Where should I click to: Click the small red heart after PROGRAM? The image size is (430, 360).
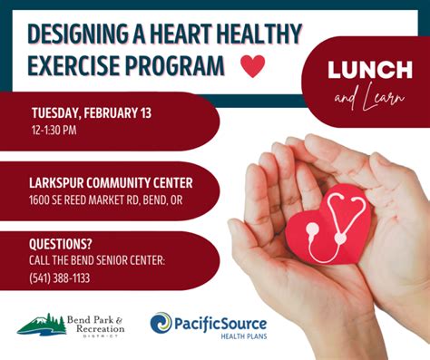click(x=252, y=66)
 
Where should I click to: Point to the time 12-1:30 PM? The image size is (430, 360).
click(x=54, y=130)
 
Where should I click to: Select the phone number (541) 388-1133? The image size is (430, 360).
click(x=61, y=277)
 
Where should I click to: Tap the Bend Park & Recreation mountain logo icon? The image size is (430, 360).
click(x=42, y=324)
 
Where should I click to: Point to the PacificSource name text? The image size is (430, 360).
click(x=220, y=320)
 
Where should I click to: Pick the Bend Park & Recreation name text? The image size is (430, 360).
click(x=100, y=324)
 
